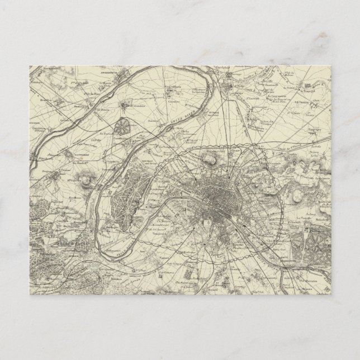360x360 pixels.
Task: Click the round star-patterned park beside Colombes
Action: pyautogui.click(x=121, y=127)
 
